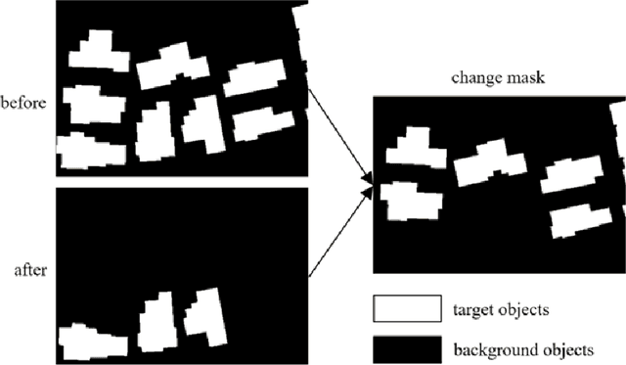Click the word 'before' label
click(x=23, y=101)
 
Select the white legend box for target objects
click(x=405, y=309)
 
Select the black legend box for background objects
click(x=405, y=347)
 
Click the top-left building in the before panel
click(x=99, y=51)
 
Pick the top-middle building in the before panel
click(x=173, y=66)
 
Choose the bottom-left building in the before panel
click(x=92, y=151)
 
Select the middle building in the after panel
click(x=157, y=321)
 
